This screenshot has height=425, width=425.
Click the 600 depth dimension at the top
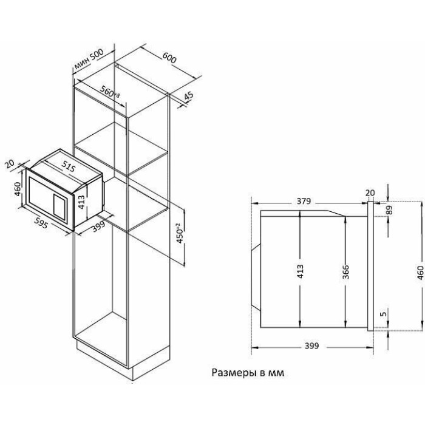pos(169,58)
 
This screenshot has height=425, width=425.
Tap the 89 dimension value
pos(389,210)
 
